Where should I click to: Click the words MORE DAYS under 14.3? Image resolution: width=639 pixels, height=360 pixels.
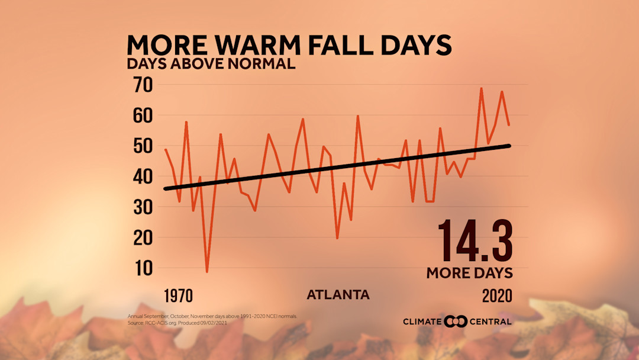469,273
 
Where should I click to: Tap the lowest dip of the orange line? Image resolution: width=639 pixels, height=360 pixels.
207,271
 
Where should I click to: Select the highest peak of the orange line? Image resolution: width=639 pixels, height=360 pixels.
481,89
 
